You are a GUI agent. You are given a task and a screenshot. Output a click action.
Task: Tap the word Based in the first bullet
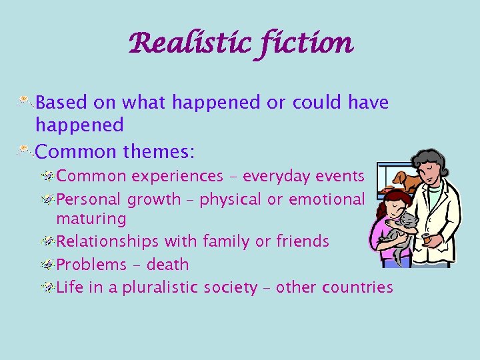coord(60,103)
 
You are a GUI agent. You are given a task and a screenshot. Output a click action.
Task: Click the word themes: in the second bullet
coord(159,152)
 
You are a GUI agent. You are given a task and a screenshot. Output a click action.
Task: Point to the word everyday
coord(273,176)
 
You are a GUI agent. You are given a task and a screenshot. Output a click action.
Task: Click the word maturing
coord(91,218)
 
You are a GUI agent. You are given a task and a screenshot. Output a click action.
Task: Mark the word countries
coord(357,287)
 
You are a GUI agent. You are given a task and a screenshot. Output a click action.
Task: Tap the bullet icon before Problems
coord(47,264)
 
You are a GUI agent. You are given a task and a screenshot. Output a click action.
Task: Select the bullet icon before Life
coord(47,287)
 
